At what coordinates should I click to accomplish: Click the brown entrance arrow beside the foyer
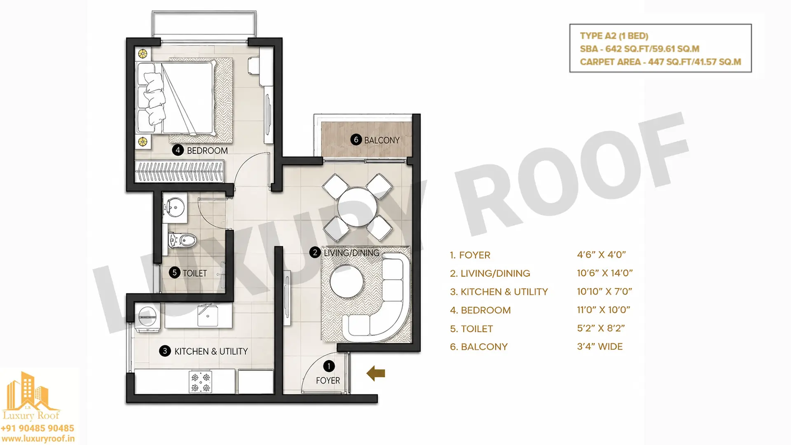click(x=376, y=373)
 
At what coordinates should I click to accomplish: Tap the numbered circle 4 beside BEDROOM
click(x=178, y=150)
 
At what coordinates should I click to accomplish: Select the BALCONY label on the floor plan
click(x=381, y=140)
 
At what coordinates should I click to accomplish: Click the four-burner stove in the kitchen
click(x=201, y=382)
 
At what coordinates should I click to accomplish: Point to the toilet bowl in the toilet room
click(x=183, y=240)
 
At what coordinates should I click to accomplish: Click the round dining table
click(x=357, y=207)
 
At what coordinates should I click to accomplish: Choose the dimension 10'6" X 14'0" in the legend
click(x=605, y=273)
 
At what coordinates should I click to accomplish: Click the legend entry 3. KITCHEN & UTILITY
click(x=499, y=292)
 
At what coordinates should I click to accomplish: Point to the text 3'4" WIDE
click(x=600, y=347)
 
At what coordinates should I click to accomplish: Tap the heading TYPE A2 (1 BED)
click(x=614, y=36)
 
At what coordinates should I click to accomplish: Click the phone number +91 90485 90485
click(x=37, y=428)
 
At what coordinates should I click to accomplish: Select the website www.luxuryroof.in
click(x=38, y=439)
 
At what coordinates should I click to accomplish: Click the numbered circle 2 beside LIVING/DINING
click(x=315, y=252)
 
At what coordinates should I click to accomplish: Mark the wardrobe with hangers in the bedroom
click(x=180, y=171)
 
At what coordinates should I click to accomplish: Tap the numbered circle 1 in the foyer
click(x=329, y=366)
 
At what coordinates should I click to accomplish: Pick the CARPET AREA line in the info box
click(x=660, y=62)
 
